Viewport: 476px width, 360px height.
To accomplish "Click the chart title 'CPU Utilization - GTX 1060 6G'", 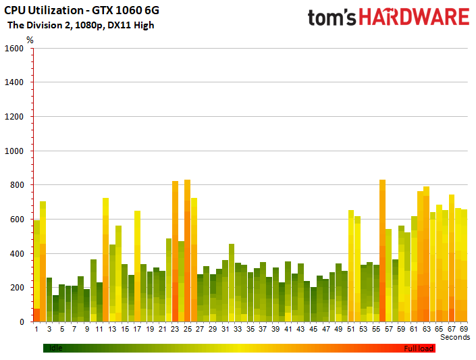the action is pyautogui.click(x=82, y=11).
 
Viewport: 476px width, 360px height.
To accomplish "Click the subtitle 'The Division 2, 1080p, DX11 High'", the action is pyautogui.click(x=81, y=25).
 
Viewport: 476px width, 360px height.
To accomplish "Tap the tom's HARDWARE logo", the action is pyautogui.click(x=389, y=17).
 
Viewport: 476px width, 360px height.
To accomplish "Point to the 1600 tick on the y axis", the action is pyautogui.click(x=14, y=49).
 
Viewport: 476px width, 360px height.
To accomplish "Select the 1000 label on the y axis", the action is pyautogui.click(x=14, y=151).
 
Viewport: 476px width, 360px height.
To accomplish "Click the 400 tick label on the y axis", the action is pyautogui.click(x=17, y=254).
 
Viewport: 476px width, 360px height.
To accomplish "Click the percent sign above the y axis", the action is pyautogui.click(x=30, y=40).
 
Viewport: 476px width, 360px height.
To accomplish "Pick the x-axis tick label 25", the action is pyautogui.click(x=187, y=329).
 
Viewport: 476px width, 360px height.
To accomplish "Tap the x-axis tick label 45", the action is pyautogui.click(x=313, y=329).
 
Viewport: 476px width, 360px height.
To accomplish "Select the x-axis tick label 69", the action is pyautogui.click(x=464, y=329).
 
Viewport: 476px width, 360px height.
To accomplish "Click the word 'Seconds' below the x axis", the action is pyautogui.click(x=455, y=337).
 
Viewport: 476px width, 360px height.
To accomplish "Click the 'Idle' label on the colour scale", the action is pyautogui.click(x=56, y=348).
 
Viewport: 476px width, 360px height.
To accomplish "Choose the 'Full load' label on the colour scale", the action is pyautogui.click(x=419, y=349).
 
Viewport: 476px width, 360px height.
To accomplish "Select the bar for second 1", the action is pyautogui.click(x=36, y=271).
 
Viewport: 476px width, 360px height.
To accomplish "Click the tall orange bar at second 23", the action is pyautogui.click(x=175, y=251).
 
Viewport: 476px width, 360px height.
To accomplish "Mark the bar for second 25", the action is pyautogui.click(x=187, y=251).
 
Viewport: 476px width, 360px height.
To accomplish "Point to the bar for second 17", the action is pyautogui.click(x=137, y=266).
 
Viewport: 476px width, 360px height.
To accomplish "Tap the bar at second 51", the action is pyautogui.click(x=351, y=266).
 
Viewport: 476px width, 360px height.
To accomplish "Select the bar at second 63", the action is pyautogui.click(x=426, y=254).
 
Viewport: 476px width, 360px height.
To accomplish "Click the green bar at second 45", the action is pyautogui.click(x=313, y=305).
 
